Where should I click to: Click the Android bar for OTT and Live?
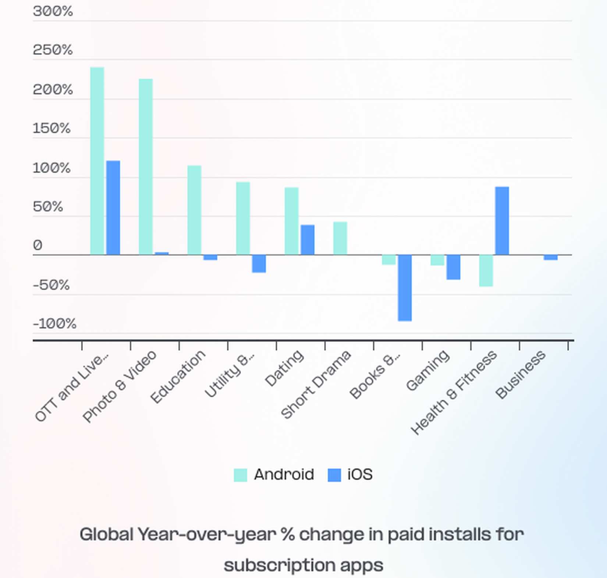pyautogui.click(x=97, y=161)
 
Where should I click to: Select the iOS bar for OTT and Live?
pyautogui.click(x=113, y=208)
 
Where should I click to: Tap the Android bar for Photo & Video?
pyautogui.click(x=146, y=167)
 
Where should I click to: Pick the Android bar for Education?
pyautogui.click(x=194, y=210)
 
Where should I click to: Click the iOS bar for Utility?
pyautogui.click(x=259, y=264)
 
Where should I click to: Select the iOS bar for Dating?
pyautogui.click(x=308, y=240)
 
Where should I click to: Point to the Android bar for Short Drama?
pyautogui.click(x=340, y=238)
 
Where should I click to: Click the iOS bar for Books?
pyautogui.click(x=405, y=288)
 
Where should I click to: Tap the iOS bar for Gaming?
pyautogui.click(x=454, y=267)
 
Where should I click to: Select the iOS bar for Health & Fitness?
pyautogui.click(x=502, y=221)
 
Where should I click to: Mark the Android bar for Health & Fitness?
pyautogui.click(x=486, y=271)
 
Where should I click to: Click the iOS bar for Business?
pyautogui.click(x=551, y=257)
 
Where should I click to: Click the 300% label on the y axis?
pyautogui.click(x=53, y=11)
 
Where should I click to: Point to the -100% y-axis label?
pyautogui.click(x=54, y=324)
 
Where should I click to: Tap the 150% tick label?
pyautogui.click(x=52, y=128)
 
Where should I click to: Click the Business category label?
pyautogui.click(x=521, y=374)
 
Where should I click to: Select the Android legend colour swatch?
pyautogui.click(x=241, y=475)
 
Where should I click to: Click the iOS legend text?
pyautogui.click(x=360, y=475)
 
